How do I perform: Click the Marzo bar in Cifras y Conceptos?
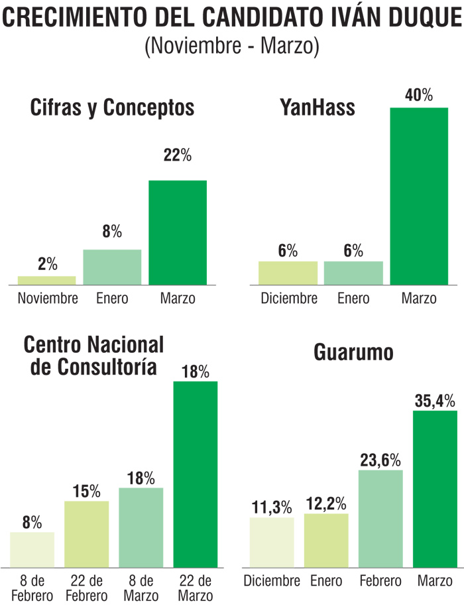178,232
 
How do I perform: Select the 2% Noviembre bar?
46,280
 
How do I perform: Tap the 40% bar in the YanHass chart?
419,196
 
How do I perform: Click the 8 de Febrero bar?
32,549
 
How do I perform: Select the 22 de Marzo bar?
195,474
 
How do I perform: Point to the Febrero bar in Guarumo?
380,518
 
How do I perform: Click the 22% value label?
178,156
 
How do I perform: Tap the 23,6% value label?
380,458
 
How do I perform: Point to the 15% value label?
87,491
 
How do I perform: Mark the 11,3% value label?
272,507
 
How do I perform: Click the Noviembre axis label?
48,298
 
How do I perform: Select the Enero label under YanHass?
353,298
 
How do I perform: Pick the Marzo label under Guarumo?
435,582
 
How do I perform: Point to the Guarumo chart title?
353,353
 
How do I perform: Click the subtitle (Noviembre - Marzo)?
232,47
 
